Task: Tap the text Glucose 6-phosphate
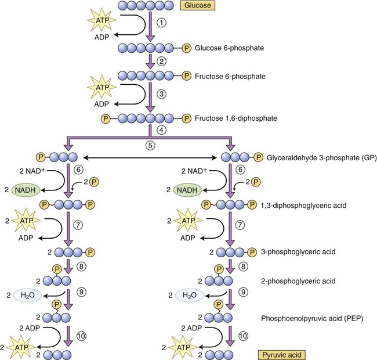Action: point(227,48)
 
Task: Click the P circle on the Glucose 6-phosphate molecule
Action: point(186,48)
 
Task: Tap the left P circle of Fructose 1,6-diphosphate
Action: point(106,118)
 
